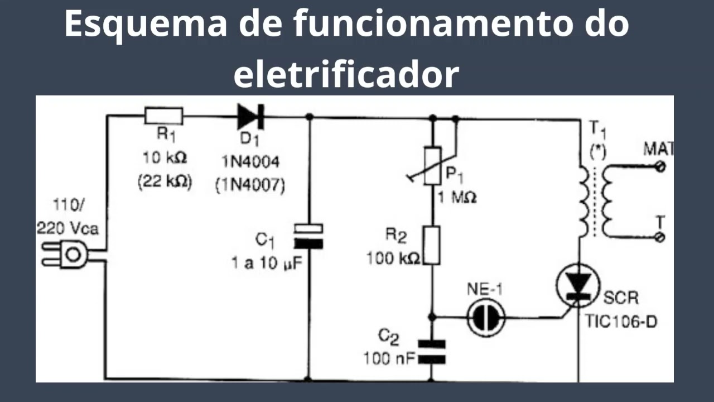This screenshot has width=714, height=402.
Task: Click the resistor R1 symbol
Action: (x=163, y=116)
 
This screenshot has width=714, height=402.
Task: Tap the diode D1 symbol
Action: (x=250, y=117)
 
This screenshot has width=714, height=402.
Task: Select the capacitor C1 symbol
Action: (x=308, y=235)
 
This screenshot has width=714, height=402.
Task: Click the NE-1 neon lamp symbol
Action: (x=485, y=317)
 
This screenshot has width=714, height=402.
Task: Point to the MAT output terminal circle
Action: (x=661, y=166)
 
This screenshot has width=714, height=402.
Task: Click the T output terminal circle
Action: (x=661, y=238)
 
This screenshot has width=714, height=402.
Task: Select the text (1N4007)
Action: (x=249, y=185)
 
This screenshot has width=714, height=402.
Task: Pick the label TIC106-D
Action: (x=620, y=321)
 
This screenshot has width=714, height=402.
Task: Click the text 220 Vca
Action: (x=67, y=228)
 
